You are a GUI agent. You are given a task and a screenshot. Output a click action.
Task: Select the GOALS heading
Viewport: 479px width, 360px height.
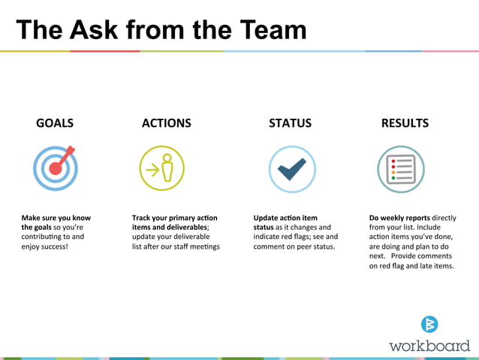point(55,123)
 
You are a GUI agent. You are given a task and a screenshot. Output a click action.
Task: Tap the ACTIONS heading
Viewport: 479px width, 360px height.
point(166,123)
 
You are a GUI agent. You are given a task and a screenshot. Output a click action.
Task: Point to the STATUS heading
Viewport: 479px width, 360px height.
point(290,123)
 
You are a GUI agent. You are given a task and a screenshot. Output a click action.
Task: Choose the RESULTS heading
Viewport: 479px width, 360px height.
point(405,123)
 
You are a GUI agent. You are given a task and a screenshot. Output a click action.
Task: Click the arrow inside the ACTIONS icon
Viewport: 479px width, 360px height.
point(152,169)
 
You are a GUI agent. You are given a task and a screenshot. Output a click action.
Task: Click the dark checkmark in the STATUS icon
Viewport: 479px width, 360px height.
point(291,168)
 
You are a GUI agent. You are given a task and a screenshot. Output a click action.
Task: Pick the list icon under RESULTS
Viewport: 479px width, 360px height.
point(400,168)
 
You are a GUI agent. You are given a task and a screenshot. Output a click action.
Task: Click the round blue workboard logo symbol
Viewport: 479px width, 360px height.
point(429,324)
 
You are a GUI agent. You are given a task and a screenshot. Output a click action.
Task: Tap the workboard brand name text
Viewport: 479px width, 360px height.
point(429,346)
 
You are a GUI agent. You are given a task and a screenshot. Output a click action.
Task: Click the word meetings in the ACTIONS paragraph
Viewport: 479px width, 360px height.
point(202,247)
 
